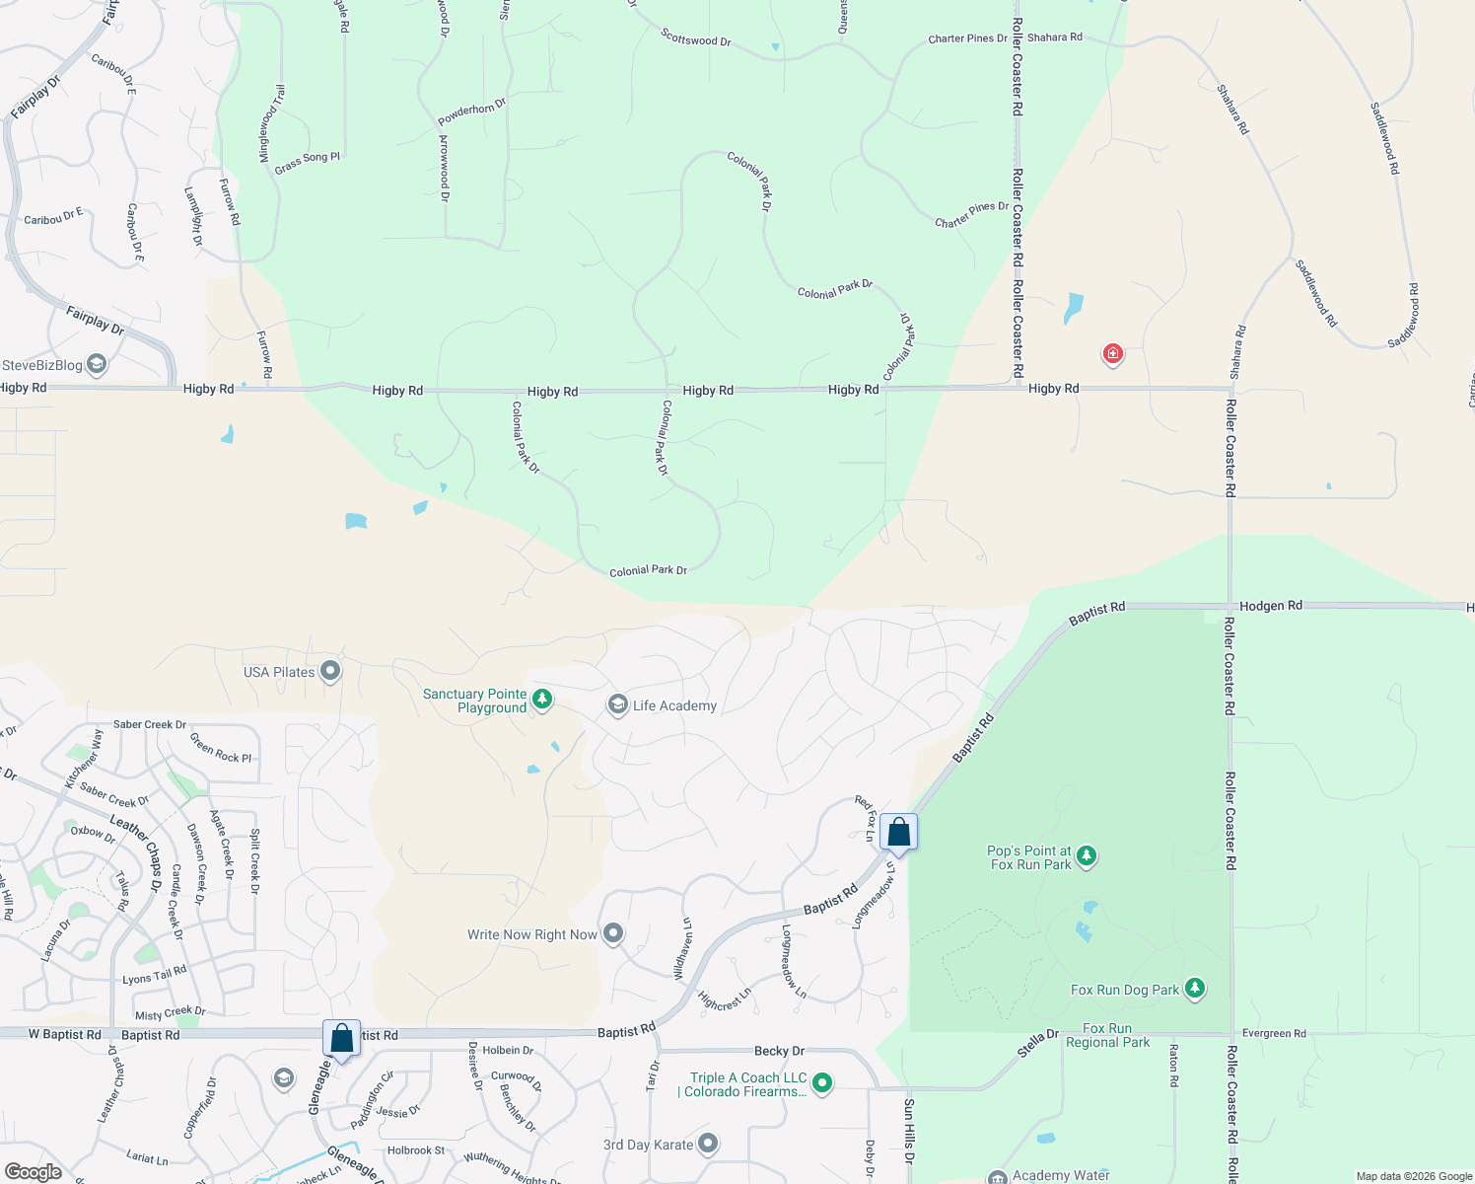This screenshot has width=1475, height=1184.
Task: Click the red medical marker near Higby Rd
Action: click(1112, 353)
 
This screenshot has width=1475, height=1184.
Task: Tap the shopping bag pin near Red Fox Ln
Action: click(899, 832)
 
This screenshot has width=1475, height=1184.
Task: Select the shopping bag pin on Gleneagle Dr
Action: click(342, 1039)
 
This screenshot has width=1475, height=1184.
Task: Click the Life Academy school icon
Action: click(618, 704)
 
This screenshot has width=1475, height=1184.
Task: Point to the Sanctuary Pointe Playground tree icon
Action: click(541, 700)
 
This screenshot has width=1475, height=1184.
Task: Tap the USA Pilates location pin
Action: click(330, 672)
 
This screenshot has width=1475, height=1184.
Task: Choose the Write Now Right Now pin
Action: click(613, 933)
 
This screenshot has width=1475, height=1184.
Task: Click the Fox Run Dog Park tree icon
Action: click(1195, 988)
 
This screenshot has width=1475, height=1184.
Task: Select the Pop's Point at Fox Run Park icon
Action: click(1087, 855)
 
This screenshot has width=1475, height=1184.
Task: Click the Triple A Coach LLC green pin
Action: click(822, 1083)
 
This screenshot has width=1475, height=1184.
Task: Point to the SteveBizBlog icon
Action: click(97, 365)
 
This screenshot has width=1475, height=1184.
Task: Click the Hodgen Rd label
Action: click(1270, 606)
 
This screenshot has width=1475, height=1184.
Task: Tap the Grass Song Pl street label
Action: click(307, 163)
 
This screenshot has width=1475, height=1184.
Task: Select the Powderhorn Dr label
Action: click(471, 111)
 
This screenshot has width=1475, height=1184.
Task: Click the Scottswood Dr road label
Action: click(696, 38)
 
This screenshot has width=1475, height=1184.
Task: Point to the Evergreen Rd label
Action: click(1274, 1033)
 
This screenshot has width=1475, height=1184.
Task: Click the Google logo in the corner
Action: click(33, 1171)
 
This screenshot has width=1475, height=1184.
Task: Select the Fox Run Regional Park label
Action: click(1107, 1035)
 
